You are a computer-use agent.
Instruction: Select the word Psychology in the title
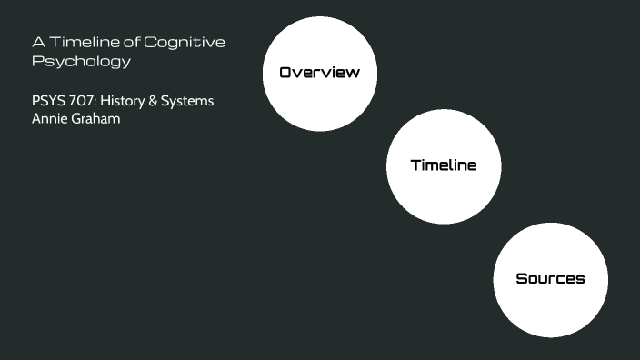pos(81,62)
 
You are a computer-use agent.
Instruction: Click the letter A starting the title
pos(38,42)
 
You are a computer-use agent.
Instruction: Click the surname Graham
pos(96,118)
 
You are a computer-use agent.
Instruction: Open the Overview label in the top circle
pos(319,73)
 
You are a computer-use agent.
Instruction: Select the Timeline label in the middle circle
pos(443,165)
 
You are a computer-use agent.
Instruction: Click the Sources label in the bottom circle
pos(550,278)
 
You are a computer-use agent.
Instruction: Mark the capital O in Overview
pos(285,73)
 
